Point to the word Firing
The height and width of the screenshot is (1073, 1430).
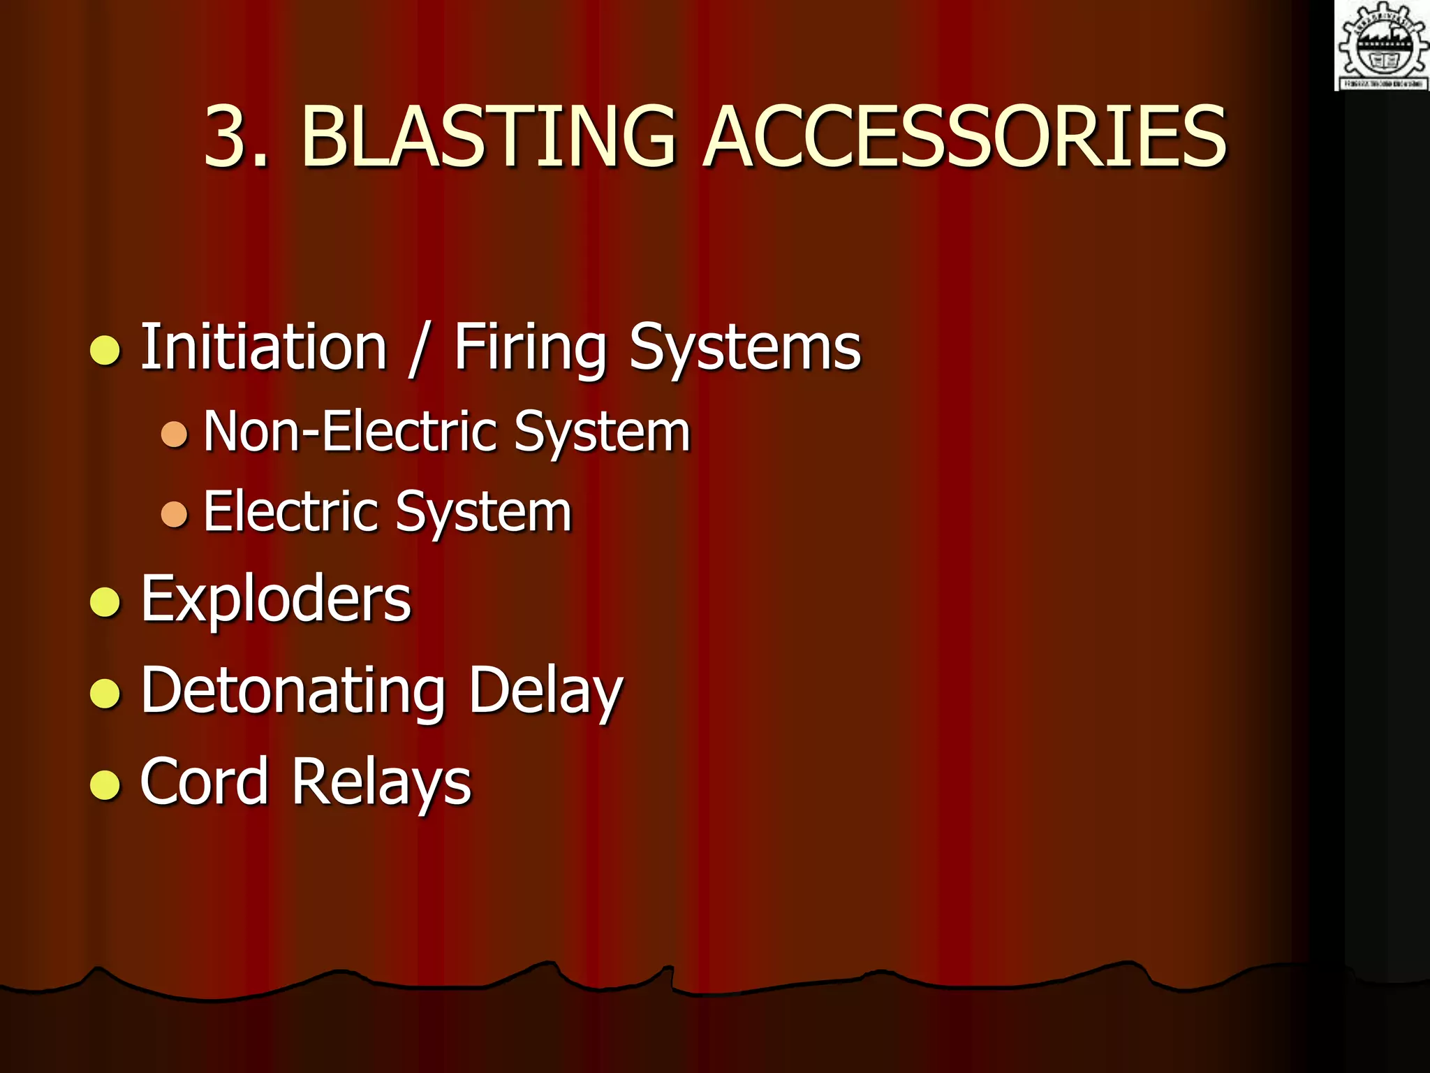tap(530, 349)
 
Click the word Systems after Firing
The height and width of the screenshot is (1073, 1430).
tap(745, 349)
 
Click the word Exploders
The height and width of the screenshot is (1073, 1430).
tap(276, 599)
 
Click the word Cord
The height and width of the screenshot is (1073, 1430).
tap(204, 781)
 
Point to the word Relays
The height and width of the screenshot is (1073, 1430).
tap(381, 782)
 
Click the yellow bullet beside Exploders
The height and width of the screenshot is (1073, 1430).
tap(105, 601)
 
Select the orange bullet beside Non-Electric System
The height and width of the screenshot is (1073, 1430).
tap(174, 435)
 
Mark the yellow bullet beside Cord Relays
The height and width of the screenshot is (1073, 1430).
tap(105, 784)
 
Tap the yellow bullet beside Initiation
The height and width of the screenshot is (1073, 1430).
tap(105, 350)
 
